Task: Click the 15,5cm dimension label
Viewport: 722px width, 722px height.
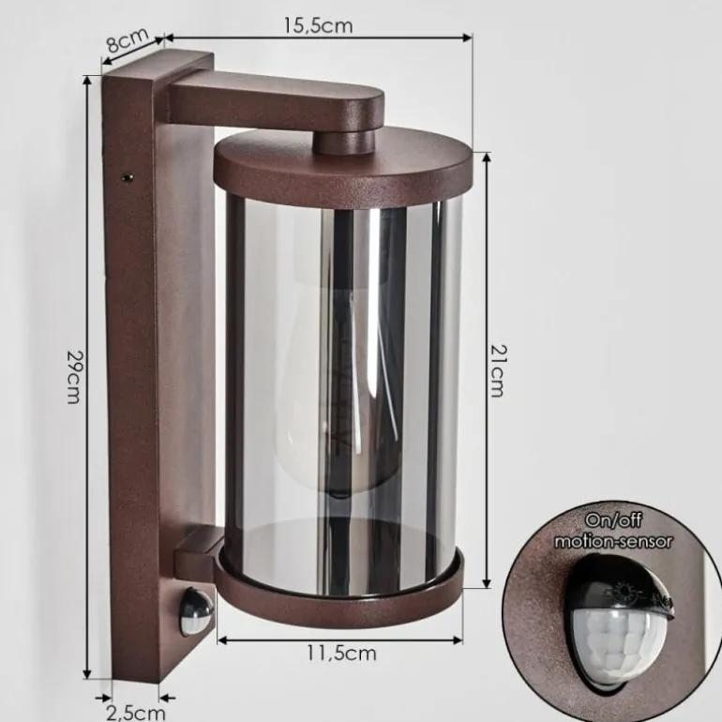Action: tap(318, 25)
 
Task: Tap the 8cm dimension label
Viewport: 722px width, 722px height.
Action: tap(128, 39)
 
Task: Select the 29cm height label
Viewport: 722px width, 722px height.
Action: tap(74, 377)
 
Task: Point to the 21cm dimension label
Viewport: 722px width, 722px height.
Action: tap(497, 370)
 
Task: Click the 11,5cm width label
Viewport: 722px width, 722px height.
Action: tap(341, 654)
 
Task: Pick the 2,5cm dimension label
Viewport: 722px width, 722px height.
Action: tap(136, 713)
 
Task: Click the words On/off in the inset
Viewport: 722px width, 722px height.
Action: tap(613, 520)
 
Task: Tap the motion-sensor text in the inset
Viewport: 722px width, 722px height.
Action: tap(613, 542)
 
